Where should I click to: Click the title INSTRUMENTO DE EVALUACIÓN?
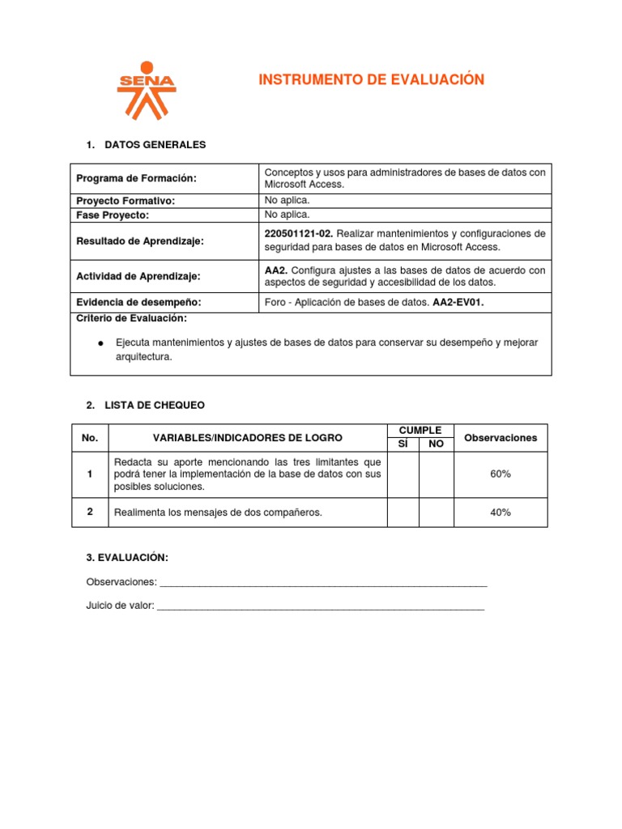coord(371,79)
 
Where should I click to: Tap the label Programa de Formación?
coord(136,178)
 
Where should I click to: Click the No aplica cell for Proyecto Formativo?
coord(287,200)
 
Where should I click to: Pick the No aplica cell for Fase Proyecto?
coord(287,215)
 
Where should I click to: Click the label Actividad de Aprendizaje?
coord(138,276)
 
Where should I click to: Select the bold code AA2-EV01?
coord(458,302)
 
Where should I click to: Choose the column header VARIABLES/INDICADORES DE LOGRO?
coord(247,438)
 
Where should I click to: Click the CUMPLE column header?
coord(420,431)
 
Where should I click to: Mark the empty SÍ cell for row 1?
coord(403,474)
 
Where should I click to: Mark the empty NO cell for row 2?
coord(436,512)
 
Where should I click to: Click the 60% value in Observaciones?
coord(500,474)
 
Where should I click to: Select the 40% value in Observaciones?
coord(500,512)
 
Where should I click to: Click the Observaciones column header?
coord(500,438)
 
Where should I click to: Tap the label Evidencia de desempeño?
coord(138,302)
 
